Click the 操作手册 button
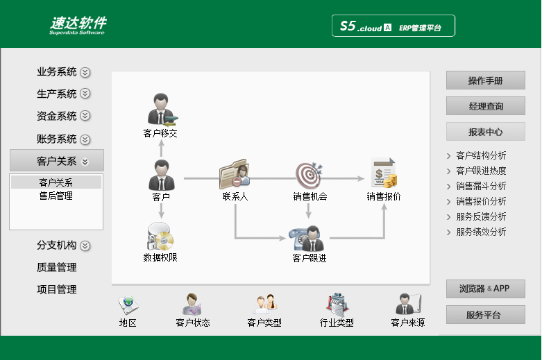[485, 80]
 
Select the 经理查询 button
[485, 105]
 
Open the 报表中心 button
[485, 132]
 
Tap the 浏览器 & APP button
[485, 289]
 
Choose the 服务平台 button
[485, 314]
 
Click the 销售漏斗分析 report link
[481, 186]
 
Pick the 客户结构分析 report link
[481, 155]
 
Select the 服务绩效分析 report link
[481, 232]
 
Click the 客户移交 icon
[162, 109]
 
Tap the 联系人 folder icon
[235, 174]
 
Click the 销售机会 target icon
[310, 175]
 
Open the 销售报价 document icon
[384, 173]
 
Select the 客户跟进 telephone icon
[308, 239]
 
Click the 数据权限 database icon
[160, 236]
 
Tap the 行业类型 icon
[337, 305]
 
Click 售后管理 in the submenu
[56, 196]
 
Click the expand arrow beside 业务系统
[85, 72]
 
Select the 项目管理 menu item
[57, 289]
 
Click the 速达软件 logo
[78, 25]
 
